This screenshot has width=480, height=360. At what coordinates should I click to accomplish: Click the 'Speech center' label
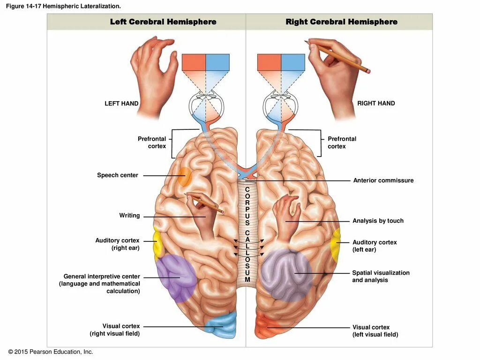[118, 175]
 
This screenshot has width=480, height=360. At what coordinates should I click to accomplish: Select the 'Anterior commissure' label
[383, 180]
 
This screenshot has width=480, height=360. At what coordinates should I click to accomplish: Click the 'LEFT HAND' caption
[121, 104]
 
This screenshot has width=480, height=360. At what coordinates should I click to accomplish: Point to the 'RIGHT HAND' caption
[376, 103]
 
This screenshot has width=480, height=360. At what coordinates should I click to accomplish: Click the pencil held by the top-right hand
[347, 59]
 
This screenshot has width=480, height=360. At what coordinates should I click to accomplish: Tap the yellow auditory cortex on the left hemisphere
[157, 241]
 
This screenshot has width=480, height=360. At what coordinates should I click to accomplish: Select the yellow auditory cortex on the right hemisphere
[335, 244]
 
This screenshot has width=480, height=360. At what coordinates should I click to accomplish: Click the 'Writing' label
[129, 216]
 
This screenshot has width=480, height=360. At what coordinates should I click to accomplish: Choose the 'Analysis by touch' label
[378, 221]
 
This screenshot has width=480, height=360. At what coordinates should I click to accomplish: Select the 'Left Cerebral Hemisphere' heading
[163, 22]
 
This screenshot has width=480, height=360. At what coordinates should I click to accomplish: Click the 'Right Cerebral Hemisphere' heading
[341, 22]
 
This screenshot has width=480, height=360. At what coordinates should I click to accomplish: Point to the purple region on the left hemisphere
[176, 277]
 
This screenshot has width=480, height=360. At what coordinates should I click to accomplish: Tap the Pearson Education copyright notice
[51, 352]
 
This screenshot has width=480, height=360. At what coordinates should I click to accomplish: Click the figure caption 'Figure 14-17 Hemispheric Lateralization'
[63, 6]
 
